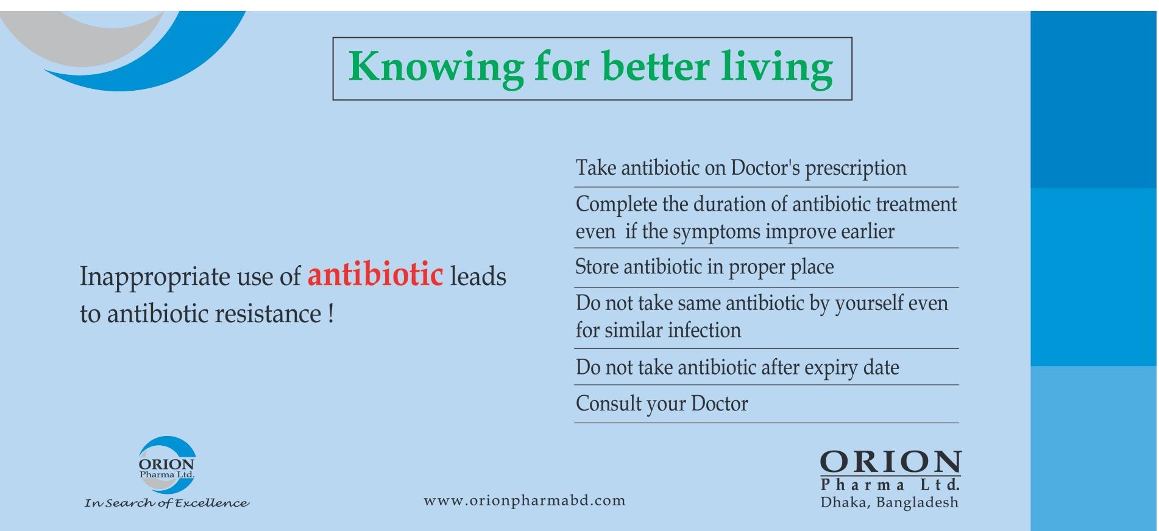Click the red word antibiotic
[x=375, y=274]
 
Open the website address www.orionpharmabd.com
[x=525, y=501]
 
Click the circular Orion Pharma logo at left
[x=167, y=465]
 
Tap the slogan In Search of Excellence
[x=167, y=504]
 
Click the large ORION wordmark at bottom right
[x=890, y=462]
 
